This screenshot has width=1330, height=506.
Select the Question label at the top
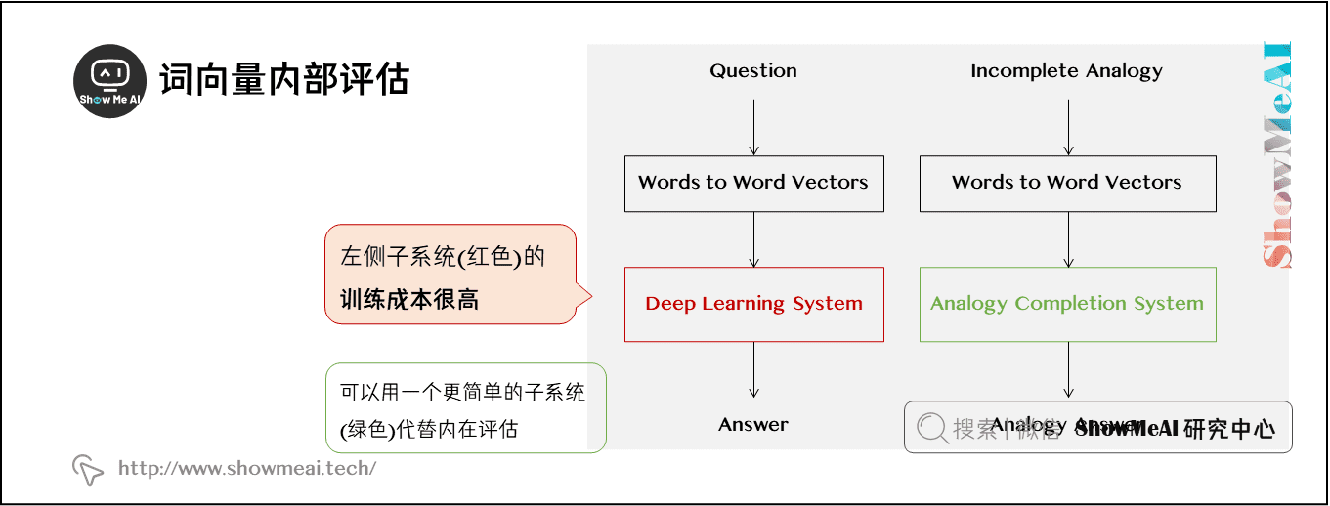coord(753,70)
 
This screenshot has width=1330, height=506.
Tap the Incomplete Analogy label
coord(1066,70)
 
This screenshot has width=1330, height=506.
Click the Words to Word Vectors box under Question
coord(753,183)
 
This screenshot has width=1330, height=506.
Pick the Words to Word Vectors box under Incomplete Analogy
coord(1067,183)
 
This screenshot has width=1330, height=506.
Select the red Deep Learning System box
coord(753,304)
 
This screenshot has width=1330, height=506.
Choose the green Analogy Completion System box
coord(1067,304)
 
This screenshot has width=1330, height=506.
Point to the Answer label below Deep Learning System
coord(753,424)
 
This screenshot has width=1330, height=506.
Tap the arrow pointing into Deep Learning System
coord(753,239)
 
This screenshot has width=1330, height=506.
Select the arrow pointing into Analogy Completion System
coord(1068,239)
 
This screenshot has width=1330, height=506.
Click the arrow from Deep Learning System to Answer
coord(753,369)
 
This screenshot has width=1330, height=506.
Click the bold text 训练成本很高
coord(408,299)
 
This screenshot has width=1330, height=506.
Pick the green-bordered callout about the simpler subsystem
coord(464,408)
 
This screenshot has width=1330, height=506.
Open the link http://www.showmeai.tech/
coord(247,468)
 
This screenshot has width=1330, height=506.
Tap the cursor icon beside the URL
coord(88,470)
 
